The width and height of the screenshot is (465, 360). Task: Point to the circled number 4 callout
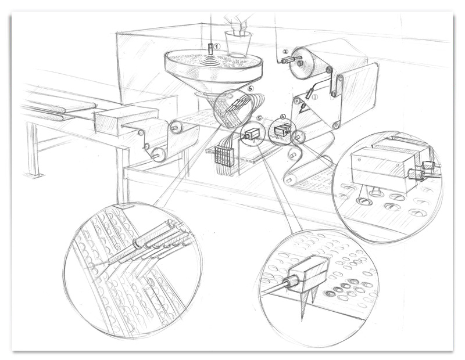[x=283, y=117]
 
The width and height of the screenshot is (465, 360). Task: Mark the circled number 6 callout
[x=249, y=89]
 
